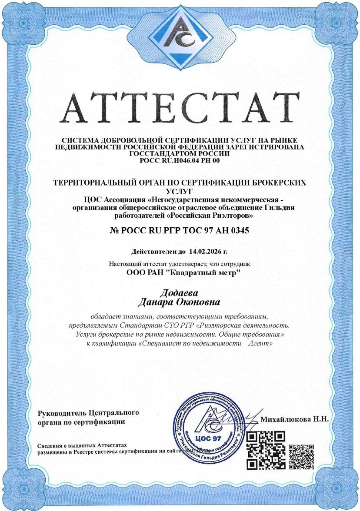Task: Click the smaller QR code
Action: point(301,457)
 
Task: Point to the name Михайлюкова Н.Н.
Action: point(294,419)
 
